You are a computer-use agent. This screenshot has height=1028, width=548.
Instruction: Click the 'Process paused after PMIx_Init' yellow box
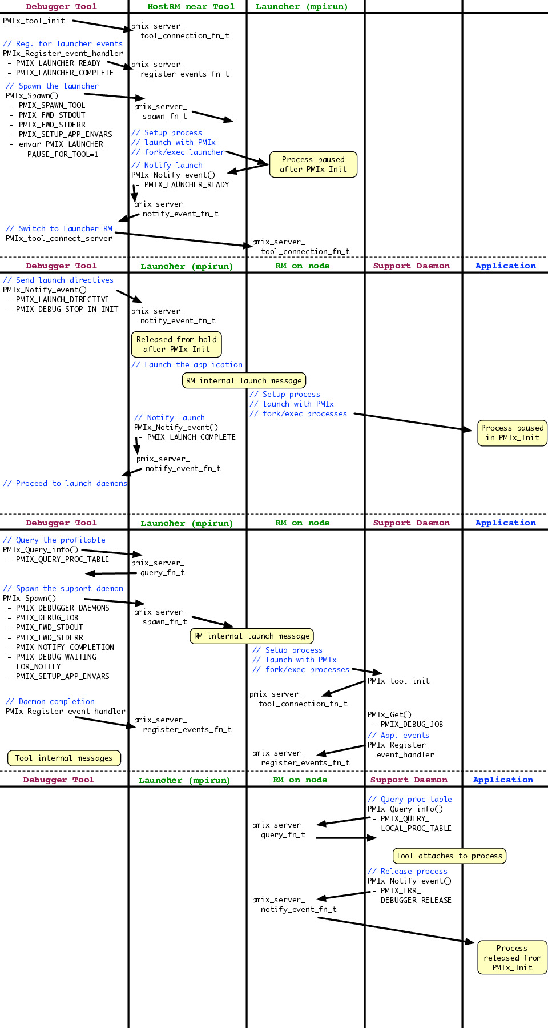point(313,164)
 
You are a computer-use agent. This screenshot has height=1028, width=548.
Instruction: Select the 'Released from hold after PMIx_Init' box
point(176,344)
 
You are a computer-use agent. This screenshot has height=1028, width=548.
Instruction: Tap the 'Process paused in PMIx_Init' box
point(512,433)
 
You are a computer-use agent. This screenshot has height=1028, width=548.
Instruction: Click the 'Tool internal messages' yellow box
point(64,758)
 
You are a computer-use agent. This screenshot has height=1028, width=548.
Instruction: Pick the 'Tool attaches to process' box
point(449,856)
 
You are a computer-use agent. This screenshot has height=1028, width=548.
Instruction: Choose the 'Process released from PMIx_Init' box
point(512,958)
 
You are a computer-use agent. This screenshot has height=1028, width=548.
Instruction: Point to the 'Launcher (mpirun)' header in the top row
point(301,7)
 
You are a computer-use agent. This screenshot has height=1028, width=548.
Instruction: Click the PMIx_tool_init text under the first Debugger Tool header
point(34,21)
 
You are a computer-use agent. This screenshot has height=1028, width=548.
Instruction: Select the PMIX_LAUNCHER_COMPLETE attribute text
point(65,73)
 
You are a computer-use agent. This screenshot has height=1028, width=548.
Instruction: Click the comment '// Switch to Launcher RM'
point(59,228)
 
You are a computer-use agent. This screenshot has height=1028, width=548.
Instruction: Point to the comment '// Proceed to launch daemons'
point(65,483)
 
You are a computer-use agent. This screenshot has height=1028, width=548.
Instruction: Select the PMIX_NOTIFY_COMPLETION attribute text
point(65,648)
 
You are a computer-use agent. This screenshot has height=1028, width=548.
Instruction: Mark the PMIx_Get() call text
point(389,714)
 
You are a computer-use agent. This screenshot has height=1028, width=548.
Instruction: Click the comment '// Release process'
point(408,871)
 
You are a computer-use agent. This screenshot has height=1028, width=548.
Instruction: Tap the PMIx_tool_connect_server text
point(59,239)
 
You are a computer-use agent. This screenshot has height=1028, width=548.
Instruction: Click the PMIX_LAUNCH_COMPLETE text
point(191,437)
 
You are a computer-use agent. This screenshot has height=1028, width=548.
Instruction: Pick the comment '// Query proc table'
point(410,799)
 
